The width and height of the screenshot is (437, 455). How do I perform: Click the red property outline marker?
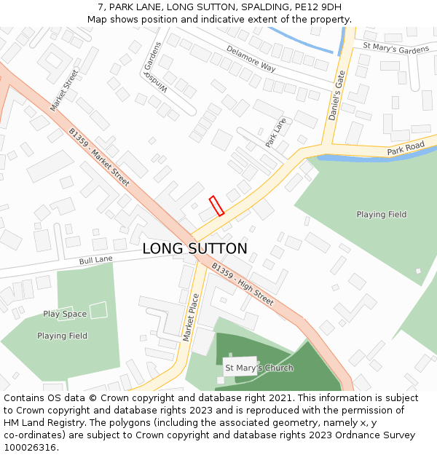[216, 206]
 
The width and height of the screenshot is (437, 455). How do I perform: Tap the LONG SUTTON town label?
[194, 249]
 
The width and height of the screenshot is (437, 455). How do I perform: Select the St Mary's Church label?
[259, 368]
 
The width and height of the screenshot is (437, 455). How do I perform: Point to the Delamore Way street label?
[251, 59]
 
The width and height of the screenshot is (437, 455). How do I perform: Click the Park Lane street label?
[276, 132]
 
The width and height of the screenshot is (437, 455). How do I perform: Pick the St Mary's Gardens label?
[395, 49]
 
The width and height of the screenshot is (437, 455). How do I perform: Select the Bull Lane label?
[96, 259]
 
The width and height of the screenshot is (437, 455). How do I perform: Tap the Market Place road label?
[190, 317]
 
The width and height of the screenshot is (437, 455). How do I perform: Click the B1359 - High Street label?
[243, 284]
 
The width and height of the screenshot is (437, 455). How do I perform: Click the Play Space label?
[65, 314]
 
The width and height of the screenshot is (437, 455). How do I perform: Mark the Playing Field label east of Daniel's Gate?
[381, 215]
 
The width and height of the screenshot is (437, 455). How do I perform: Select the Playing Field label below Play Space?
[62, 336]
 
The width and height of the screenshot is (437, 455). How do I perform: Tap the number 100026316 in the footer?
[30, 448]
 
